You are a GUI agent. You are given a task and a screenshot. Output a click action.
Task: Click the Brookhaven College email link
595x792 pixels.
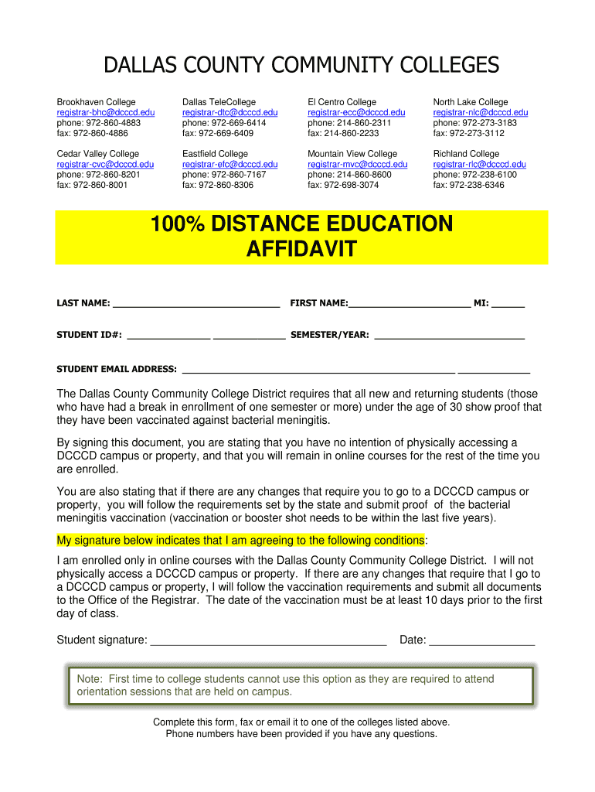point(106,112)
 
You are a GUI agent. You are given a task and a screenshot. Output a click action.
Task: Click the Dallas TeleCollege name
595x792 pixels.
point(219,102)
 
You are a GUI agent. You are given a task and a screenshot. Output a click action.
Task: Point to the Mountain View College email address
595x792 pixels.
point(357,164)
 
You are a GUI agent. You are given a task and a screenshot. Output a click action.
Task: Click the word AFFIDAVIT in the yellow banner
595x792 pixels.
point(301,249)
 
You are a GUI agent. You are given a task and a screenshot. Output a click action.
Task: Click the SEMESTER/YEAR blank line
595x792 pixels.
point(449,337)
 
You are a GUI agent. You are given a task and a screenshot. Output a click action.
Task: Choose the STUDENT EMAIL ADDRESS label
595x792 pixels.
point(117,370)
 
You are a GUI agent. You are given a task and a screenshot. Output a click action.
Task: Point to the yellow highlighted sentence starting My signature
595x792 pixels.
point(240,540)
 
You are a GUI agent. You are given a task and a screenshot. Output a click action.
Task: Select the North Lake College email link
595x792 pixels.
point(481,112)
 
